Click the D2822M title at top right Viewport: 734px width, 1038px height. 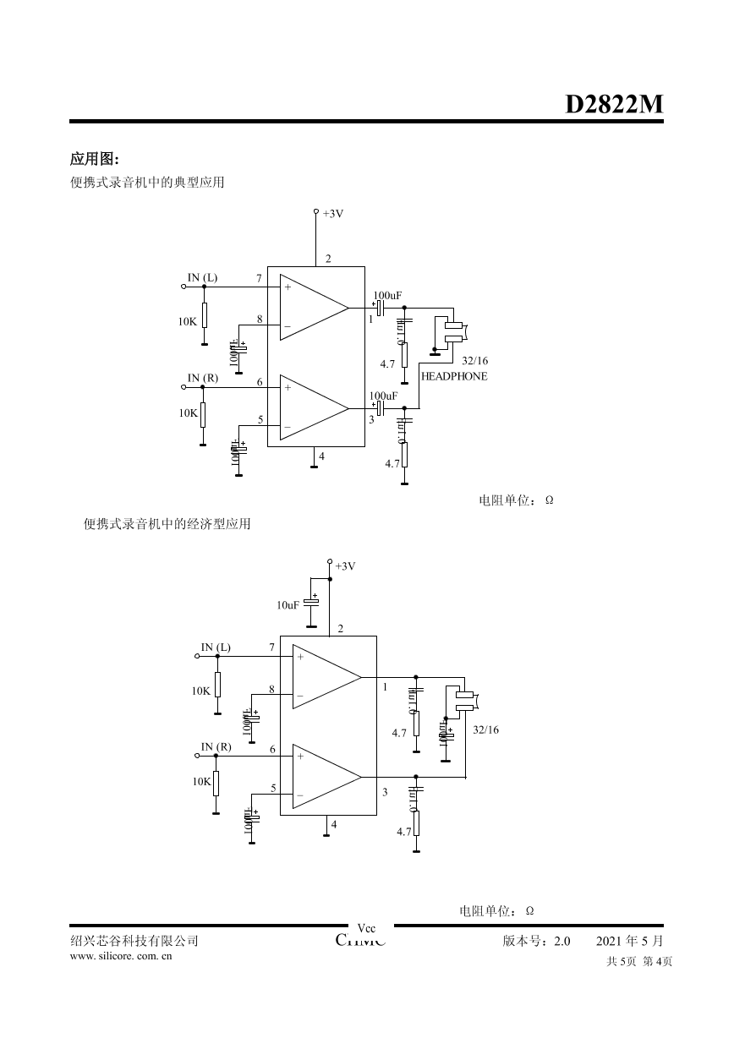click(x=614, y=104)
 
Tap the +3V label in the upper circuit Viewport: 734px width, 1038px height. click(x=333, y=214)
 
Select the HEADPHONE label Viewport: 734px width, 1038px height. click(x=454, y=376)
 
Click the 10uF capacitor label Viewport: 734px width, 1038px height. click(x=288, y=605)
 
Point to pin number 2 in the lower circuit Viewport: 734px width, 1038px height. click(x=340, y=629)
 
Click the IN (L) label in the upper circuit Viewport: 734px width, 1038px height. click(x=202, y=277)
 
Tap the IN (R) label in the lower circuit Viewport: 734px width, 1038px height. click(x=216, y=746)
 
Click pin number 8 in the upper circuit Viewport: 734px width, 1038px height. click(x=260, y=320)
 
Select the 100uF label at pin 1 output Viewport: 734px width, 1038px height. click(x=386, y=296)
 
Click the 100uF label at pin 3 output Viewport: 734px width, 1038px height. click(x=383, y=396)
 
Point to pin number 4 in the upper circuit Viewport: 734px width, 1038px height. click(x=321, y=456)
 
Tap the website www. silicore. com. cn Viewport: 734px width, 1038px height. click(x=121, y=956)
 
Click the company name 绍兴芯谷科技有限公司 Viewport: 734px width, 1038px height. click(x=134, y=941)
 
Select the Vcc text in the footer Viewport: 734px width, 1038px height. click(x=367, y=928)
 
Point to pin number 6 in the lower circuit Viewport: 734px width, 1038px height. click(x=272, y=750)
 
